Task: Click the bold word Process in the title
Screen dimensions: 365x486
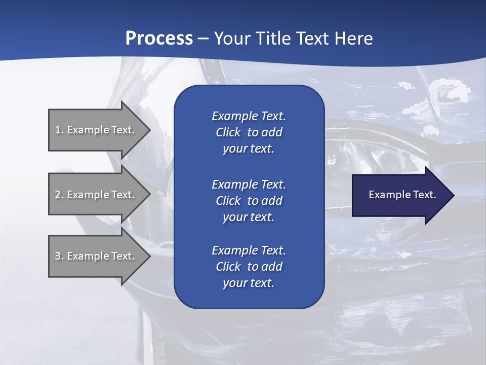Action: (159, 39)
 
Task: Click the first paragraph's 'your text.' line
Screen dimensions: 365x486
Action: (249, 149)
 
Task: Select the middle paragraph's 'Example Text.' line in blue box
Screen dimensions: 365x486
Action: (249, 185)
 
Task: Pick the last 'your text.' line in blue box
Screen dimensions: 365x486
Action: (249, 283)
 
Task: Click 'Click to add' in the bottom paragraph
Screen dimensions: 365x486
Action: (249, 267)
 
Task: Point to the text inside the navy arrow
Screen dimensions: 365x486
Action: (402, 195)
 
